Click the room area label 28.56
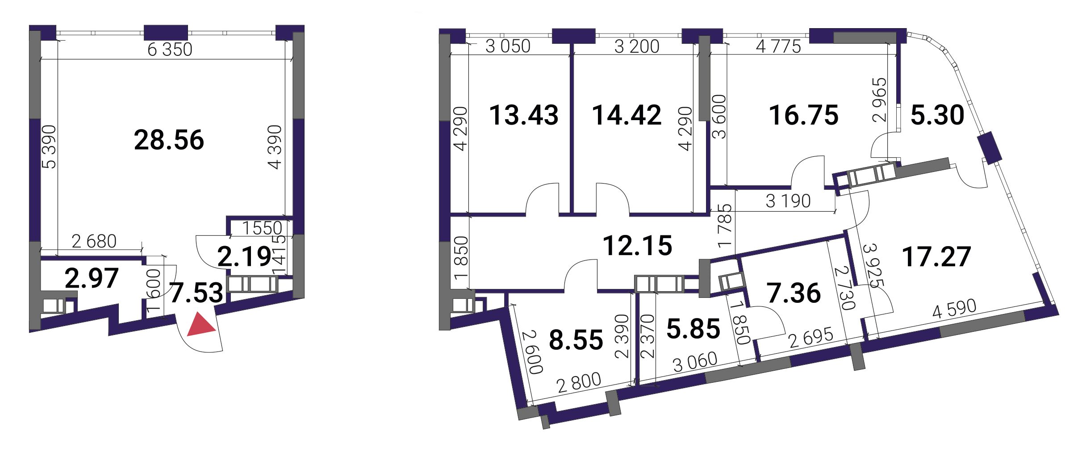pos(169,140)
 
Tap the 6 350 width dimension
pos(170,50)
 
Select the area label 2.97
pos(92,278)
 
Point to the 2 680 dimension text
pos(94,241)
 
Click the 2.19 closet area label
pos(244,256)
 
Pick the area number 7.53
pos(196,293)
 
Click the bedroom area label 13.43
pos(524,115)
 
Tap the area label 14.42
pos(627,115)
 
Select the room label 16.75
pos(804,115)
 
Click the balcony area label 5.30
pos(937,115)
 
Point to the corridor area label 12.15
pos(637,246)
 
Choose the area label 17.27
pos(936,256)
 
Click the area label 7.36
pos(794,293)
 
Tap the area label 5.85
pos(693,329)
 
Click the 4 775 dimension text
pos(778,46)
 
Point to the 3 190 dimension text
pos(788,201)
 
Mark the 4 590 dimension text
pos(954,309)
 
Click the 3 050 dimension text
pos(508,46)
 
